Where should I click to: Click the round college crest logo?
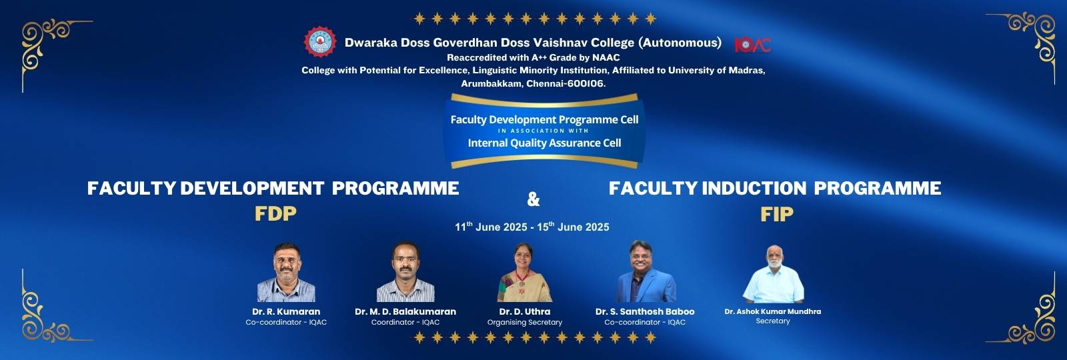[320, 42]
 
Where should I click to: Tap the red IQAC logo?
[753, 45]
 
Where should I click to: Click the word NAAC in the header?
[606, 57]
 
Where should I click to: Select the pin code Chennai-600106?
[566, 83]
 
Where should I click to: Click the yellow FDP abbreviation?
[275, 214]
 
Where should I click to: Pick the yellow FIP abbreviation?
[777, 214]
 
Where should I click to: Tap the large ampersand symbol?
[533, 199]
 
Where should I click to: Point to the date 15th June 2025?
[573, 227]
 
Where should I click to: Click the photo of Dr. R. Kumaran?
[286, 273]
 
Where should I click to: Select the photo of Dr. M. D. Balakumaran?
[405, 272]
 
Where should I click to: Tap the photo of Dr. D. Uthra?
[524, 273]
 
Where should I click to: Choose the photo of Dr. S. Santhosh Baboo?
[646, 271]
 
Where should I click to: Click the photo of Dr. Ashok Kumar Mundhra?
[773, 274]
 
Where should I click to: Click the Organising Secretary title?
[524, 323]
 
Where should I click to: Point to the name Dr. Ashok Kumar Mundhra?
[773, 311]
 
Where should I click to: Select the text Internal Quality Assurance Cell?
[544, 143]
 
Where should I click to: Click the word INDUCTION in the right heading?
[754, 188]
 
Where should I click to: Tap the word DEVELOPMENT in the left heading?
[253, 188]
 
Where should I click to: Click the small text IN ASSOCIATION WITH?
[544, 131]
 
